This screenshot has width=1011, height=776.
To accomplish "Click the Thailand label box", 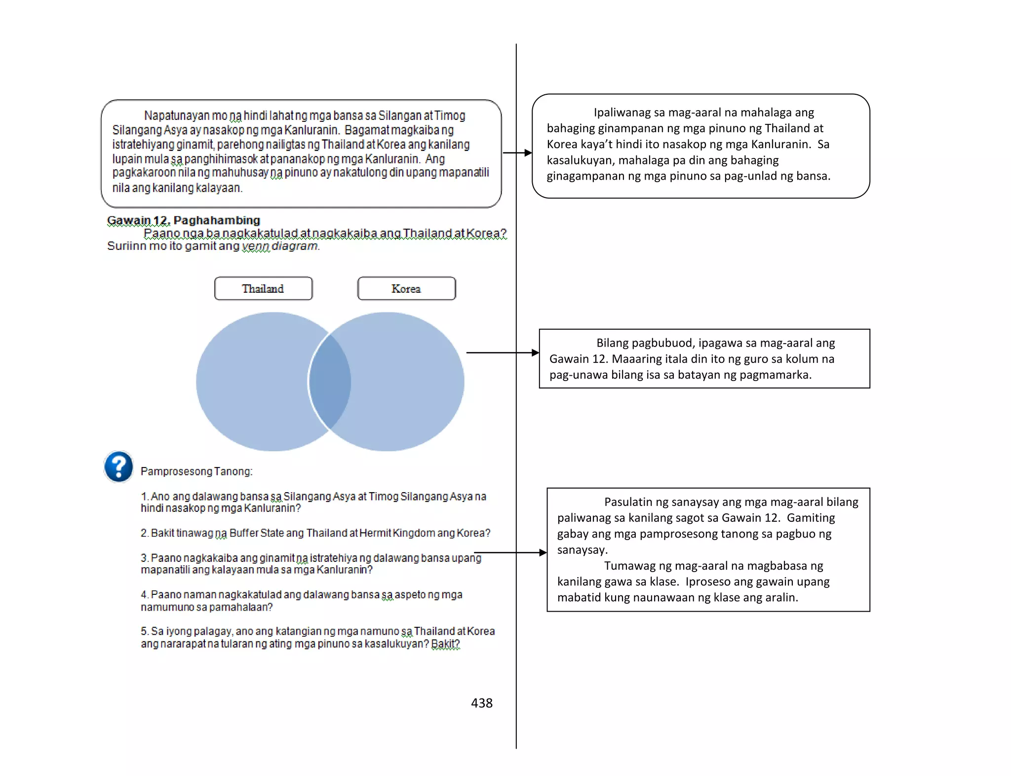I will pyautogui.click(x=263, y=288).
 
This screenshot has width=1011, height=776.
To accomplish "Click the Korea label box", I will pyautogui.click(x=406, y=288).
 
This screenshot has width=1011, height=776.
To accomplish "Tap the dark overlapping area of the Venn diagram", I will pyautogui.click(x=330, y=381).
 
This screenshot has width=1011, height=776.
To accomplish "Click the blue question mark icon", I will pyautogui.click(x=119, y=466).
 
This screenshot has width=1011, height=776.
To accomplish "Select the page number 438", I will pyautogui.click(x=481, y=703).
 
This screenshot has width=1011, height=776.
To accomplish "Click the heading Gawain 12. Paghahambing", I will pyautogui.click(x=184, y=220).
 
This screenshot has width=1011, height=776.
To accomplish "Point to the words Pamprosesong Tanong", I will pyautogui.click(x=196, y=471).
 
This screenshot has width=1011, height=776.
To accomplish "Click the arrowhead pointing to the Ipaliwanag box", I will pyautogui.click(x=528, y=153).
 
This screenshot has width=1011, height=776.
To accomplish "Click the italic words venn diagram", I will pyautogui.click(x=280, y=246).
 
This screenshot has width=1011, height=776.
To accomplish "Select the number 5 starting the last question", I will pyautogui.click(x=144, y=631).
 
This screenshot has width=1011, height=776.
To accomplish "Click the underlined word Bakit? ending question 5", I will pyautogui.click(x=445, y=644).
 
